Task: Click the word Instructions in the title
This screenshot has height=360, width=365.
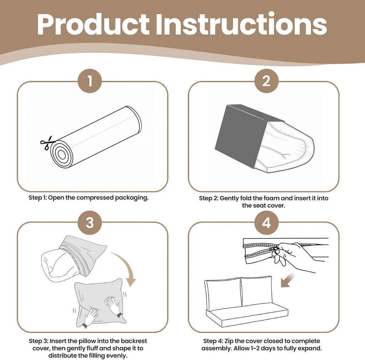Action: (241, 24)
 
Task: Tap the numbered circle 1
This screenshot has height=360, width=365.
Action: (90, 81)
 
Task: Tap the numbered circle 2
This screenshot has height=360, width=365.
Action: (266, 81)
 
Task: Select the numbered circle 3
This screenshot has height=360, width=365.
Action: (90, 223)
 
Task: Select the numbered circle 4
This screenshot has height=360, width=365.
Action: (266, 223)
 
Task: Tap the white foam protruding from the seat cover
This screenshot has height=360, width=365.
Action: (286, 149)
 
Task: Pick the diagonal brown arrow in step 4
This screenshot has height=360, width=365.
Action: (288, 280)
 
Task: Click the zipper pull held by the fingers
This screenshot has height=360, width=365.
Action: (276, 250)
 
